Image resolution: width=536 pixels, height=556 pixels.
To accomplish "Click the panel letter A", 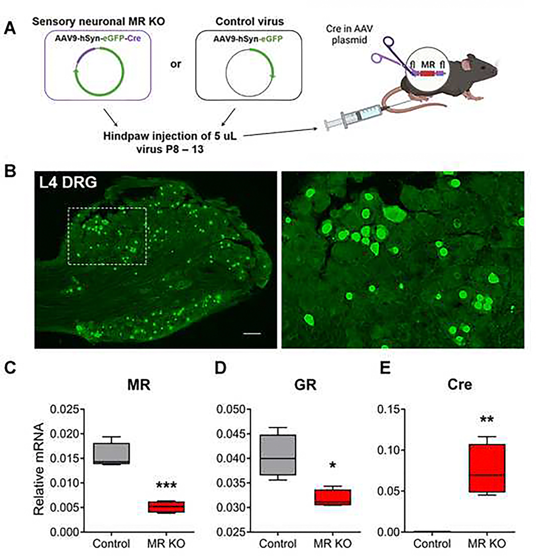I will click(10, 29).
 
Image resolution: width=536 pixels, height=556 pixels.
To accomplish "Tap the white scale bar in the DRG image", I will click(252, 333).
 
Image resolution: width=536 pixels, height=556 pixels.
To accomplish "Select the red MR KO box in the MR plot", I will click(167, 507).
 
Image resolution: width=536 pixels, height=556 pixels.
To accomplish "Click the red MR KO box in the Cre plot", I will click(487, 468).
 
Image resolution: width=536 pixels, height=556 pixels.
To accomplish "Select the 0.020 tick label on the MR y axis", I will click(65, 434).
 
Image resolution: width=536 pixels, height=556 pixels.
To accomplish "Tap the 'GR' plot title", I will click(305, 385).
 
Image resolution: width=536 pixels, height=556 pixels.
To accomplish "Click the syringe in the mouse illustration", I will click(355, 116).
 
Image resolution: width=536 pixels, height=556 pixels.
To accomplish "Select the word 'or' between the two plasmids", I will click(176, 64).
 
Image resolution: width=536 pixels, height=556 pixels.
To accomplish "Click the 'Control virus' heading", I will click(249, 21).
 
